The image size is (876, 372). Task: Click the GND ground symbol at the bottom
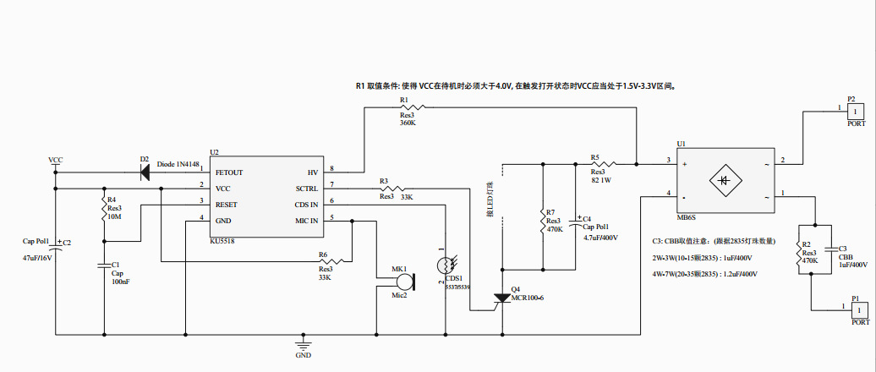pos(303,344)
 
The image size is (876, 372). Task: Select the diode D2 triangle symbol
pos(145,172)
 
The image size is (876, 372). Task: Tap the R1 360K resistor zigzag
pos(410,108)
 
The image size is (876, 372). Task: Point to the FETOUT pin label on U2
pos(229,172)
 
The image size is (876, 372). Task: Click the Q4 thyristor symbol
pos(503,298)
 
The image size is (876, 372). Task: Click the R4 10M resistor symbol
pos(104,205)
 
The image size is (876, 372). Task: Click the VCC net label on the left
pos(55,160)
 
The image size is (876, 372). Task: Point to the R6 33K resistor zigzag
pos(333,262)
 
